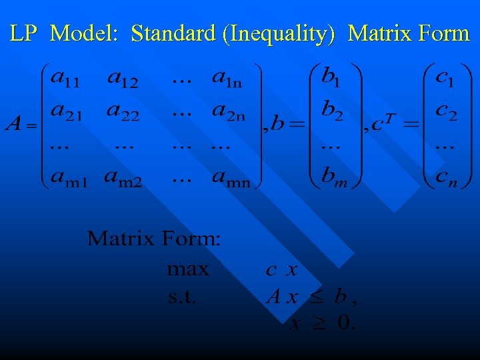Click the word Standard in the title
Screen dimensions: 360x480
click(173, 33)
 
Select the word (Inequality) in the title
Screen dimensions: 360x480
click(280, 33)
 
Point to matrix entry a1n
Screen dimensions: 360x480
click(228, 79)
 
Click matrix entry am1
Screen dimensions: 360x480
click(68, 179)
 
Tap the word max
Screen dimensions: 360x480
click(188, 270)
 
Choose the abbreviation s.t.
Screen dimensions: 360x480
click(182, 297)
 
